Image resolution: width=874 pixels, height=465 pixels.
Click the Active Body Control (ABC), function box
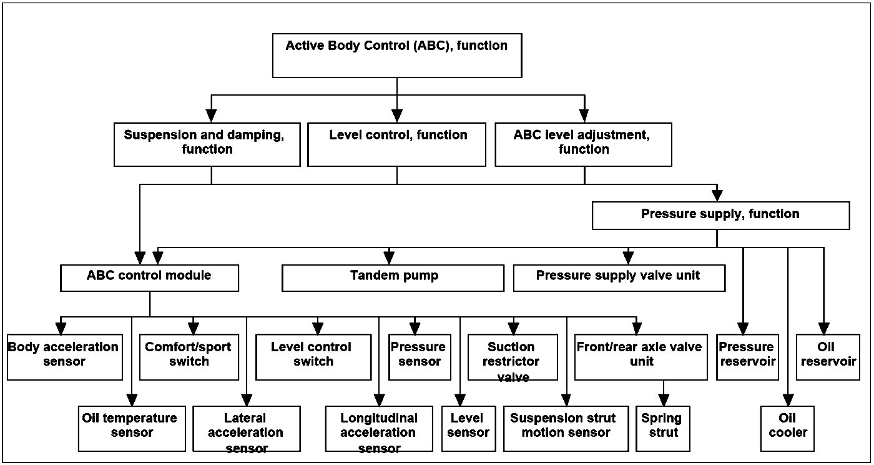[x=397, y=56]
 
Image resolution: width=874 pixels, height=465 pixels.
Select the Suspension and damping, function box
[x=207, y=144]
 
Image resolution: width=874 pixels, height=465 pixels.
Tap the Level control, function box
[x=397, y=144]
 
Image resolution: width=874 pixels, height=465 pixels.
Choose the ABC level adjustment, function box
[x=583, y=144]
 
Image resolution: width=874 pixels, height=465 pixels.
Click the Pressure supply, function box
[x=720, y=215]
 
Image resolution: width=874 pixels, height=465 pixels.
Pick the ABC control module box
[x=149, y=278]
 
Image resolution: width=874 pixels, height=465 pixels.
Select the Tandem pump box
[x=393, y=278]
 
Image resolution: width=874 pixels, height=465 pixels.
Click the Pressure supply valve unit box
[x=619, y=278]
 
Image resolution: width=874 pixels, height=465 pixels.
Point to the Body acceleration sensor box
[x=65, y=357]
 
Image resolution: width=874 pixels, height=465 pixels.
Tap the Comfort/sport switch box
[x=189, y=357]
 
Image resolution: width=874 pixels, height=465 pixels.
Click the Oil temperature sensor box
[x=132, y=429]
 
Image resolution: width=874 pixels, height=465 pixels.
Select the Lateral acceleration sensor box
[x=247, y=429]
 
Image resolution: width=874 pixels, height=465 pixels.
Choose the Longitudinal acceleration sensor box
[x=379, y=429]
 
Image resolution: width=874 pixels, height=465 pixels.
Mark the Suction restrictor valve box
[x=513, y=357]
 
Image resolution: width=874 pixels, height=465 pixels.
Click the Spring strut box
[x=663, y=429]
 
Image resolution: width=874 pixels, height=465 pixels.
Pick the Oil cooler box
[x=787, y=429]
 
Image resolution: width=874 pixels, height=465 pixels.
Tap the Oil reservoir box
[x=828, y=357]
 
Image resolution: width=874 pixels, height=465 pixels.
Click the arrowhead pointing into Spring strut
[x=664, y=400]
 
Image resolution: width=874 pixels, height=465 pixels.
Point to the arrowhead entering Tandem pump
[x=389, y=258]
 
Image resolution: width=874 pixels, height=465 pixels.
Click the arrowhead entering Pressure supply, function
[x=717, y=196]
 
